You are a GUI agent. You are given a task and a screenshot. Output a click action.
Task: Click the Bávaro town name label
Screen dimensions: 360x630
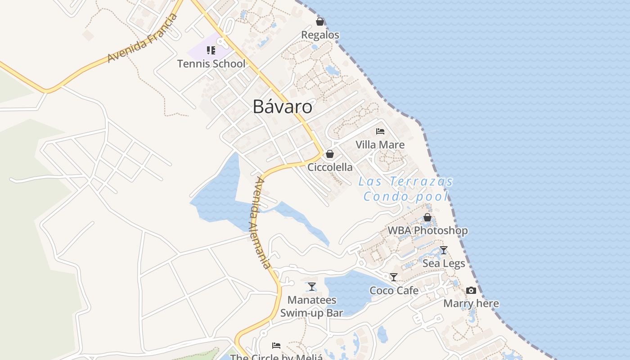pos(282,107)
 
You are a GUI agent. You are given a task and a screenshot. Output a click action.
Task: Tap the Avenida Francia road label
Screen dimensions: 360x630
pos(143,39)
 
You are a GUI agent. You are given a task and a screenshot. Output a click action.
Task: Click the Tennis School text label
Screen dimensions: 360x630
pos(211,64)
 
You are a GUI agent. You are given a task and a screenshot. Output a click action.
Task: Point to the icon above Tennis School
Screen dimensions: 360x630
pos(211,50)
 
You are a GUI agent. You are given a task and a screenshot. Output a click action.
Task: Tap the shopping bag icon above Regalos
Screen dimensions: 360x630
pos(320,21)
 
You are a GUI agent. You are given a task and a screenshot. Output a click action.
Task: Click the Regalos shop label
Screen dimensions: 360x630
pos(320,35)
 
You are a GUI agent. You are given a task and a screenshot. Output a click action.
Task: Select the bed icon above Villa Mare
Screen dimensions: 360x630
pos(380,131)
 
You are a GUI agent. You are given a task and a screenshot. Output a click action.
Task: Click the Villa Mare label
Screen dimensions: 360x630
pos(380,144)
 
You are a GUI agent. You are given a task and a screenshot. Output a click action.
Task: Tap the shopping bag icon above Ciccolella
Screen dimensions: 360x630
pos(330,154)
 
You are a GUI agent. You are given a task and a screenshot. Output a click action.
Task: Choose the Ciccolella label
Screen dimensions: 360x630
pos(330,167)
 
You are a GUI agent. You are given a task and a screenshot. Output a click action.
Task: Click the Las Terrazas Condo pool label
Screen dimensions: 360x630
pos(406,189)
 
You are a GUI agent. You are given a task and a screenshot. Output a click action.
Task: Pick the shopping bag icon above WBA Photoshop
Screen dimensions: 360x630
pos(427,217)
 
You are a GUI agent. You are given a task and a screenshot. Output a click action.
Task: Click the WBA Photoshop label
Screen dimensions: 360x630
pos(427,230)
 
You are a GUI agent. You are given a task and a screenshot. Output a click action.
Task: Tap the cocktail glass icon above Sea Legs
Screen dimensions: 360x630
pos(444,250)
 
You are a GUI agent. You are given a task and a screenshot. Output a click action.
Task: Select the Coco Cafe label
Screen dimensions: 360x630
pos(394,290)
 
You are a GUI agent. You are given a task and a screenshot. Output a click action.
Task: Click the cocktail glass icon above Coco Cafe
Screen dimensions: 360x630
pos(394,277)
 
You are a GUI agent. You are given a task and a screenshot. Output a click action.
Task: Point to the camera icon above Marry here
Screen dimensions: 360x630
pos(471,290)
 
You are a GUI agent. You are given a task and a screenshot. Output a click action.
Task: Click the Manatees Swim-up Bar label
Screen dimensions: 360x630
pos(311,306)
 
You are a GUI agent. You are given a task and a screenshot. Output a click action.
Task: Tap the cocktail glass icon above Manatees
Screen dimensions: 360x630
pos(312,287)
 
